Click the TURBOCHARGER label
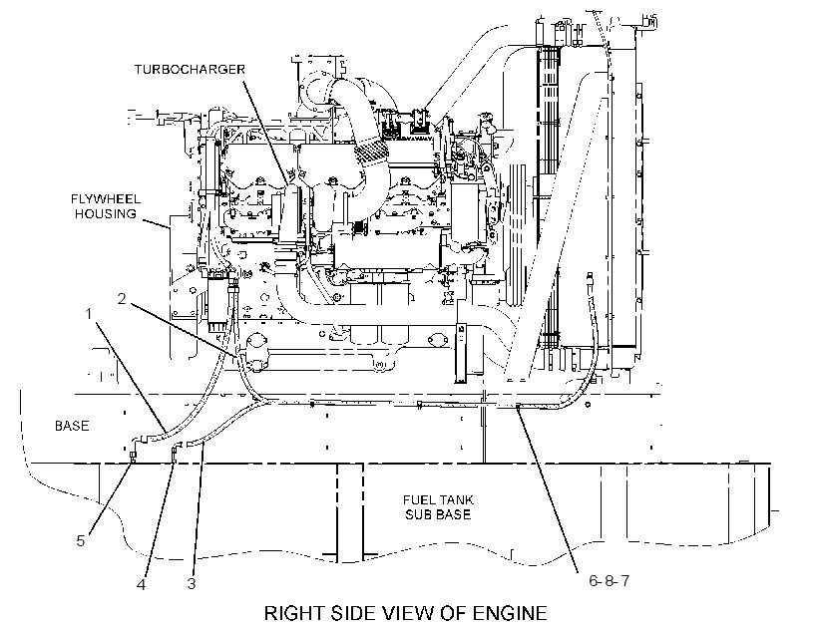190,70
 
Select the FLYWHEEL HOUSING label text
106,206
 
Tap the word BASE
72,426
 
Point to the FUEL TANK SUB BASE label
438,507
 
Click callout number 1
89,313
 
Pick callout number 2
122,299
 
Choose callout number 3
192,583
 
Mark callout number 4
141,584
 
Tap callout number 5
81,540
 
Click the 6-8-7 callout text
609,580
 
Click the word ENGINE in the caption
510,613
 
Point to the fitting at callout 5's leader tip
133,458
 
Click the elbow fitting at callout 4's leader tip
175,453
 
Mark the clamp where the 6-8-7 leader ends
517,406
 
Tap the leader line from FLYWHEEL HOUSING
156,223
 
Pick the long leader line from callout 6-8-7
548,490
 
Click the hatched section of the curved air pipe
371,153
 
